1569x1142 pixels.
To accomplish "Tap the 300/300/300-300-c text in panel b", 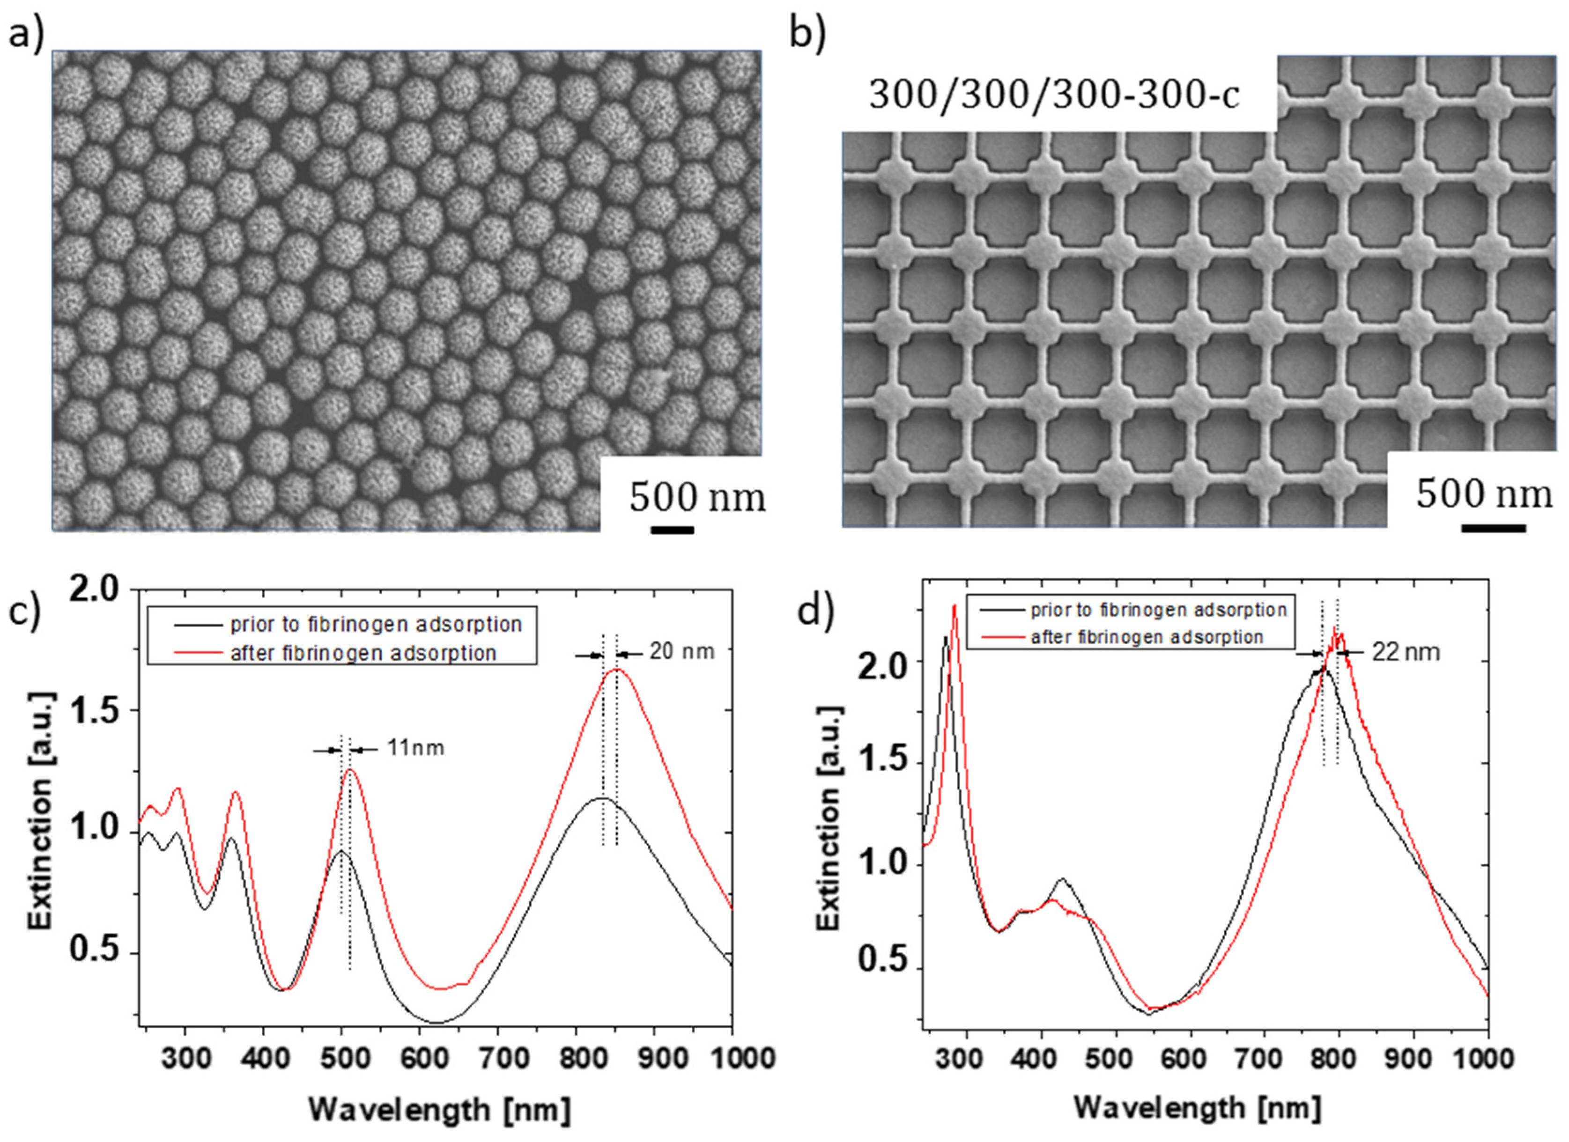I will pos(1054,96).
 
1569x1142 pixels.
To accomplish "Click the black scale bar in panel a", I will pos(672,530).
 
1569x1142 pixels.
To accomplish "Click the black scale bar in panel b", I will pos(1493,528).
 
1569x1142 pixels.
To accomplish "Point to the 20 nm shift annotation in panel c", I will pos(681,652).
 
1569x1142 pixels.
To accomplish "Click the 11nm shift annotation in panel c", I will pos(415,748).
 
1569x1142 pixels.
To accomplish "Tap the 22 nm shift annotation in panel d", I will pos(1405,652).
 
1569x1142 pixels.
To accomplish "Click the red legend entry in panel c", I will pos(363,653).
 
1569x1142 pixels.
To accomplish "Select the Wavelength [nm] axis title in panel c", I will pos(439,1110).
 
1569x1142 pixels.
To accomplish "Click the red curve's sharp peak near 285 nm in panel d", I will pos(954,606).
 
